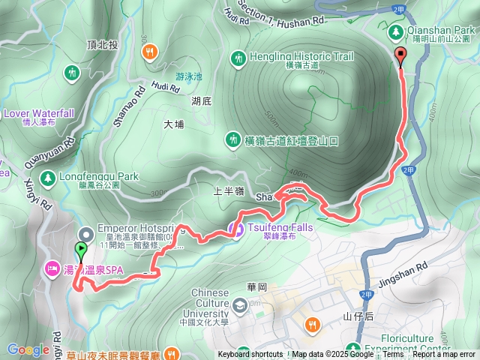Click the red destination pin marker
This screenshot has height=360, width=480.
pos(400,56)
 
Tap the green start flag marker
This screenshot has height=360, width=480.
pos(81,250)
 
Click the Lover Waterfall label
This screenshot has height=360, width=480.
pos(39,113)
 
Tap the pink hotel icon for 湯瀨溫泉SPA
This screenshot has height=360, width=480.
pos(52,267)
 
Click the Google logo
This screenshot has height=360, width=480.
pos(28,349)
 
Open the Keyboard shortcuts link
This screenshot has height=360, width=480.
pos(250,355)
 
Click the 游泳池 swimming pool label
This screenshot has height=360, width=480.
pos(189,76)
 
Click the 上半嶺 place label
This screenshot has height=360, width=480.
pos(228,191)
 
